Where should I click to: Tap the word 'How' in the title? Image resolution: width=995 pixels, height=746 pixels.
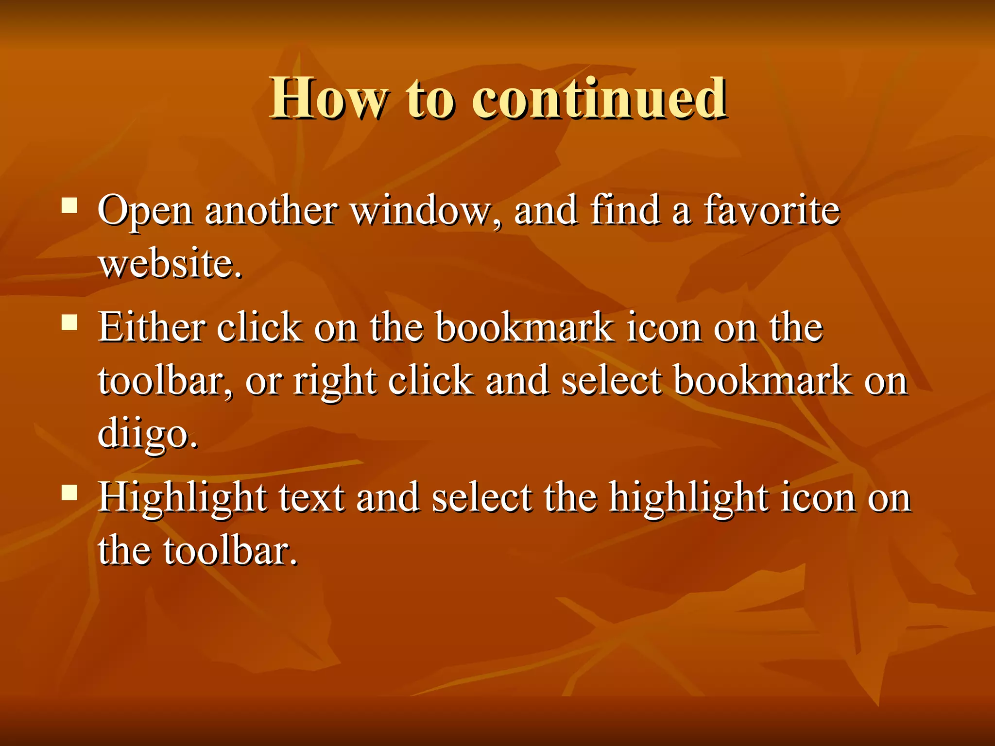[x=329, y=98]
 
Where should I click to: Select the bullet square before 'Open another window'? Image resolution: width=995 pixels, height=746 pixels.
[x=70, y=205]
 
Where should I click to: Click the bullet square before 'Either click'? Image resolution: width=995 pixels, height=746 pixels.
[x=70, y=322]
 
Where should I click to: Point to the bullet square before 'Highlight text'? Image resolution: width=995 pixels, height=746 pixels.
[x=70, y=493]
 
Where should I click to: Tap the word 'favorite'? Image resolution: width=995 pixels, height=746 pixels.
[x=772, y=211]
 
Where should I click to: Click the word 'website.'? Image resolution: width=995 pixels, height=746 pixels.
[x=170, y=264]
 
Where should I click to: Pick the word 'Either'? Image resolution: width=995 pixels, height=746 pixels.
[x=151, y=327]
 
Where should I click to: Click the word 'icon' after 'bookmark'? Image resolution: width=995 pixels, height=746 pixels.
[x=664, y=327]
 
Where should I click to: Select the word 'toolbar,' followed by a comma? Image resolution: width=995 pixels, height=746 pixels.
[x=165, y=381]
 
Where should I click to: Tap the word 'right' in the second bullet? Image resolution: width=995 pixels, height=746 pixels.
[x=335, y=382]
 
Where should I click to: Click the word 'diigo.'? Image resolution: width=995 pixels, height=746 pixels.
[x=148, y=433]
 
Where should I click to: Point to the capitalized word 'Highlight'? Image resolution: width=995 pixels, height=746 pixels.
[x=182, y=498]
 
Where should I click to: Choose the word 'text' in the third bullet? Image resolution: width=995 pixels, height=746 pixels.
[x=311, y=498]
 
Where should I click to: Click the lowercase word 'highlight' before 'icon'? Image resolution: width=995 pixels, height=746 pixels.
[x=689, y=498]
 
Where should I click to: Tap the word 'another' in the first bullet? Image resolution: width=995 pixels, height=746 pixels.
[x=271, y=211]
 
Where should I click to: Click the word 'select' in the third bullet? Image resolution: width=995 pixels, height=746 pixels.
[x=481, y=498]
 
